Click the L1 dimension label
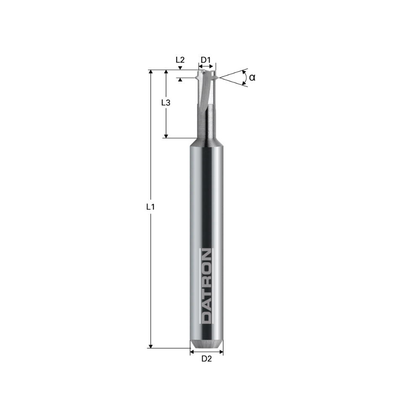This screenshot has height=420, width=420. pos(150,207)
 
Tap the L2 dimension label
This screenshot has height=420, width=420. pos(180,60)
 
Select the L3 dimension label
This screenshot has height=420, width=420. pos(165,102)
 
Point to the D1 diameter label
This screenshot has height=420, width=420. pos(205,60)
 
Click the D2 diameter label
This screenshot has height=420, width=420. pos(206,359)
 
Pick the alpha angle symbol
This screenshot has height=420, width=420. pos(252,77)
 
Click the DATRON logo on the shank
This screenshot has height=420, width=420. pos(206,286)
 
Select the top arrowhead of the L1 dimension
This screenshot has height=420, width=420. pos(150,73)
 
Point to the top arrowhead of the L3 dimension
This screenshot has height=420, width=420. pos(166,73)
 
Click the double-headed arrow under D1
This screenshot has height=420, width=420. pos(206,66)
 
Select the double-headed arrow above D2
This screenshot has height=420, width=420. pos(206,352)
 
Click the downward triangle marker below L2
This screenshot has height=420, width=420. pos(180,68)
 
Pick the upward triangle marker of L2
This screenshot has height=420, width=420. pos(180,80)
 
